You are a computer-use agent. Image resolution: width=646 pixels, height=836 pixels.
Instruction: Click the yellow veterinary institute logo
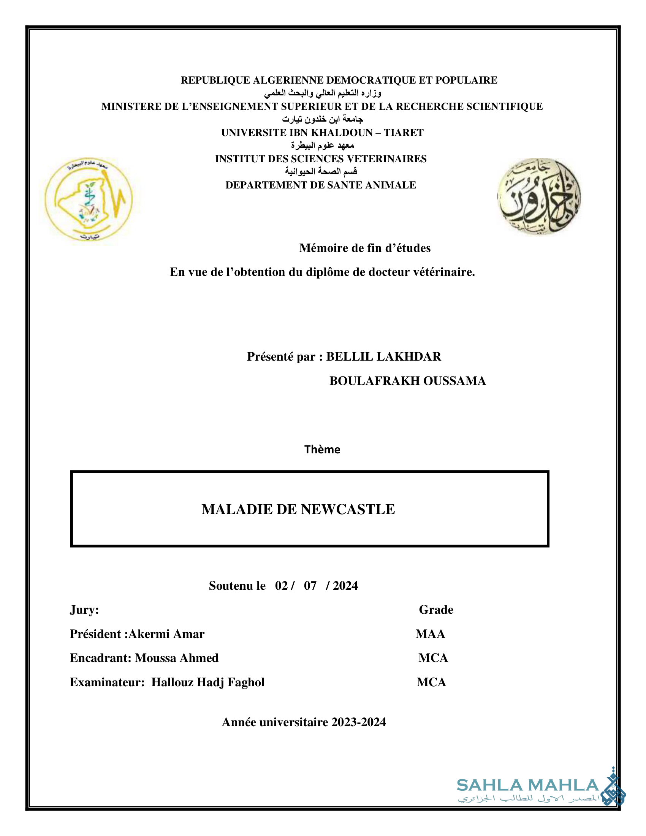89,200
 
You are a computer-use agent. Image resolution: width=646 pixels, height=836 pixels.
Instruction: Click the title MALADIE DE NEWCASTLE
298,509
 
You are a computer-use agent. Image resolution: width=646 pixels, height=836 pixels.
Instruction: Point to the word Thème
322,450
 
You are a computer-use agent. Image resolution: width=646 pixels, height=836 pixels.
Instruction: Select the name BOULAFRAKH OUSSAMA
408,381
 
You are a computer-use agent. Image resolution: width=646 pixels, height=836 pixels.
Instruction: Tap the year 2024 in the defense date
345,586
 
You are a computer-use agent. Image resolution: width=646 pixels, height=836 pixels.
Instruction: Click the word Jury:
84,610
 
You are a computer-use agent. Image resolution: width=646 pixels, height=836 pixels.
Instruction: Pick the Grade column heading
436,610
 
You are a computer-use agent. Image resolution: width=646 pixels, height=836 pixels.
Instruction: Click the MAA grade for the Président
430,634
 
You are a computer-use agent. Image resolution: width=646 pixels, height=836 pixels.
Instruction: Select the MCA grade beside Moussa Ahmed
433,658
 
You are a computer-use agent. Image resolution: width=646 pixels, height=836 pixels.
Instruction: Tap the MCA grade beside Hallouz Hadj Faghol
431,682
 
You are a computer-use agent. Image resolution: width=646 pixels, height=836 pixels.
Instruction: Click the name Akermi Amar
166,634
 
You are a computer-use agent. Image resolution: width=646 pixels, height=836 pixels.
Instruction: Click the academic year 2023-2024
359,722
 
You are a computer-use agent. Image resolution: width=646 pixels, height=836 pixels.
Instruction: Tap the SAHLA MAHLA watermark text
527,785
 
